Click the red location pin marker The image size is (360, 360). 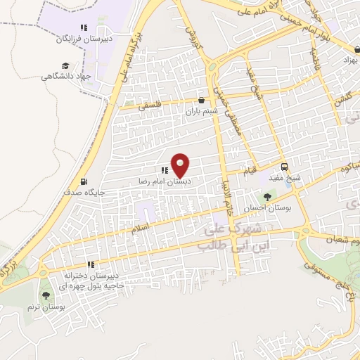click(181, 165)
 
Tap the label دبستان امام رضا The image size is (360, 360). click(165, 181)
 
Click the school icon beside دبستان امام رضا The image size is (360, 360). click(165, 170)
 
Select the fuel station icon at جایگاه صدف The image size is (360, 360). click(84, 180)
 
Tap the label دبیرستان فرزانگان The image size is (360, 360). click(84, 39)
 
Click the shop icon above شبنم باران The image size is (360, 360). click(202, 100)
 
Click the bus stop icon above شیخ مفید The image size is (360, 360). click(285, 167)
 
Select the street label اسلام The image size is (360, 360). click(141, 229)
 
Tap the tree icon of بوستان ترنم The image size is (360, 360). click(46, 296)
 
